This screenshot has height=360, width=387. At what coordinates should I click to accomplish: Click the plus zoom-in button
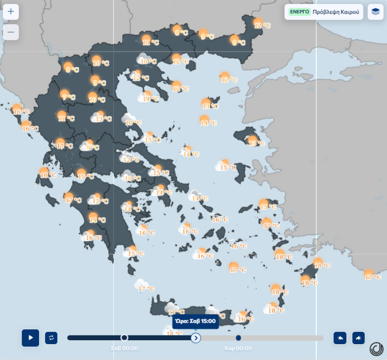tap(11, 12)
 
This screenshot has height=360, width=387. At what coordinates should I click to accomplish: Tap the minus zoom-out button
tap(11, 32)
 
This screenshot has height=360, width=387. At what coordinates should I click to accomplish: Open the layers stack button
tap(375, 12)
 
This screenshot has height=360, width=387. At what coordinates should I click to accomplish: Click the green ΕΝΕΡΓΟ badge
tap(299, 12)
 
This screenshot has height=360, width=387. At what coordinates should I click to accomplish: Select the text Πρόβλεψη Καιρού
tap(336, 12)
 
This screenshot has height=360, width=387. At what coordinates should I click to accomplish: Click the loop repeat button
tap(51, 338)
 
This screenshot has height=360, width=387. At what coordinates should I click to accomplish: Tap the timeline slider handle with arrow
tap(196, 338)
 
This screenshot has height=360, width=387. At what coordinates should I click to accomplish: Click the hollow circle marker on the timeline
tap(124, 338)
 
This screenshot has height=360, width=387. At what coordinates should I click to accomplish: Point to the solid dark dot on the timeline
tap(238, 338)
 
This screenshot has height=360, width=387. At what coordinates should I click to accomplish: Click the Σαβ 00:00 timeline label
tap(124, 348)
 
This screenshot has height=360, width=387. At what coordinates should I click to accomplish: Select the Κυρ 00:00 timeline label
tap(238, 348)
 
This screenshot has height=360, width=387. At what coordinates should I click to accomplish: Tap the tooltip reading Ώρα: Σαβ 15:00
tap(195, 321)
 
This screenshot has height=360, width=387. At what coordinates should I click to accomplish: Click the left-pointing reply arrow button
tap(340, 338)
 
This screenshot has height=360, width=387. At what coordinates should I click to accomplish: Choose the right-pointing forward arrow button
tap(358, 338)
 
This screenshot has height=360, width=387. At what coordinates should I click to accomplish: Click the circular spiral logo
tap(376, 349)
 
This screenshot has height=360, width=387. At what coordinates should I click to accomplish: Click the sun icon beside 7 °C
tap(64, 94)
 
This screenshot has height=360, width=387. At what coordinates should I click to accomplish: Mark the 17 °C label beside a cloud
tap(147, 289)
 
